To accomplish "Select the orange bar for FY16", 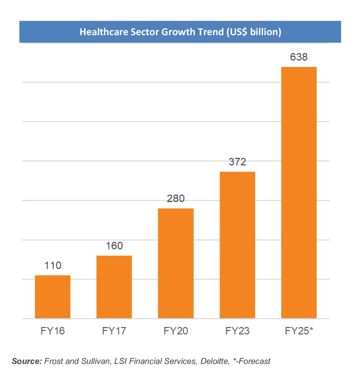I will pos(52,297).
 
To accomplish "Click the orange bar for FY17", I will pos(114,287).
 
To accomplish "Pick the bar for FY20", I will pos(175,263).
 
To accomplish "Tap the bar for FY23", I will pos(237,245).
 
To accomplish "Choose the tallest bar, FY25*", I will pos(298,193).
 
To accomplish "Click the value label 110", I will pos(53,265).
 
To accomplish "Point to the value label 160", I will pos(114,246).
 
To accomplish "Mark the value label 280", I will pos(176,199).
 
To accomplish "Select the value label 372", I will pos(237,162).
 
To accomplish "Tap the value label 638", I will pos(299,57).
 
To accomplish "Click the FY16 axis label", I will pos(53,331).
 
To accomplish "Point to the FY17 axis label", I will pos(114,331).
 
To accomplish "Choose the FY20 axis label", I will pos(176,331).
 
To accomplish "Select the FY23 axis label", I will pos(237,331).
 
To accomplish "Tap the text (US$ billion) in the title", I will pos(253,32).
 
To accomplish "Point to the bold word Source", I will pos(27,361).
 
